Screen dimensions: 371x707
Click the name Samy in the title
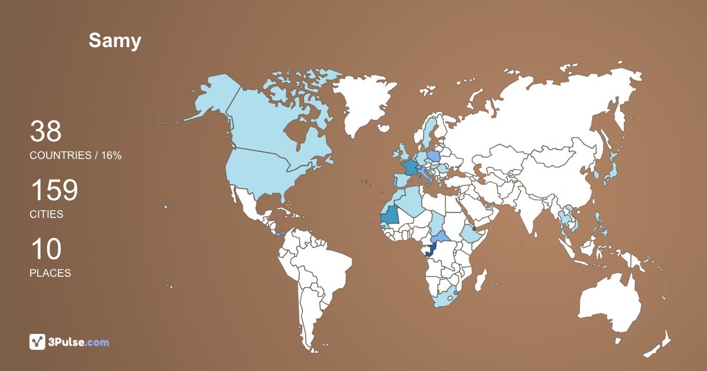point(115,41)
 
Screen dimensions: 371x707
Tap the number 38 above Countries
point(45,131)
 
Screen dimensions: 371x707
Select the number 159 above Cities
point(54,190)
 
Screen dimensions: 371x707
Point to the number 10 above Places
point(45,249)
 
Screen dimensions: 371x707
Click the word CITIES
point(47,214)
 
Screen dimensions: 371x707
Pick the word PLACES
point(50,273)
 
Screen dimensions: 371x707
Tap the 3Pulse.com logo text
point(79,342)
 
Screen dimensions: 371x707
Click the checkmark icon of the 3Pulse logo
point(37,342)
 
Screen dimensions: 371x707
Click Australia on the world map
point(610,303)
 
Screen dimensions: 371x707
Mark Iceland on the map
point(384,127)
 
